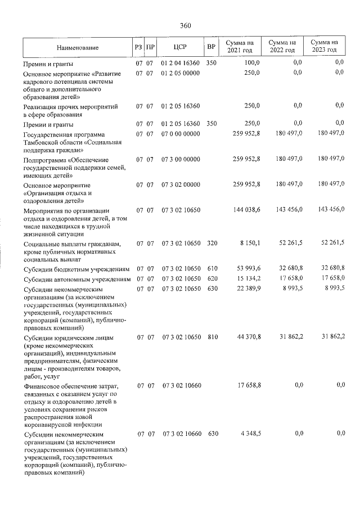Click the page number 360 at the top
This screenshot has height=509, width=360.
pos(186,25)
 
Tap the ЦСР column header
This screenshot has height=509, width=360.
pos(180,47)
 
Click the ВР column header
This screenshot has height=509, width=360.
pos(211,47)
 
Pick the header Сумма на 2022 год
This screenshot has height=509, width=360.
pos(282,47)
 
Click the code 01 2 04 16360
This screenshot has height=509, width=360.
pos(180,63)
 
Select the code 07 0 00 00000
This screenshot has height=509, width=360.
pos(180,133)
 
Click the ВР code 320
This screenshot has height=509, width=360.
pos(211,242)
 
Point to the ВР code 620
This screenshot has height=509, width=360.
pos(211,279)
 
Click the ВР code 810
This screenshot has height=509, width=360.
pos(211,337)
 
